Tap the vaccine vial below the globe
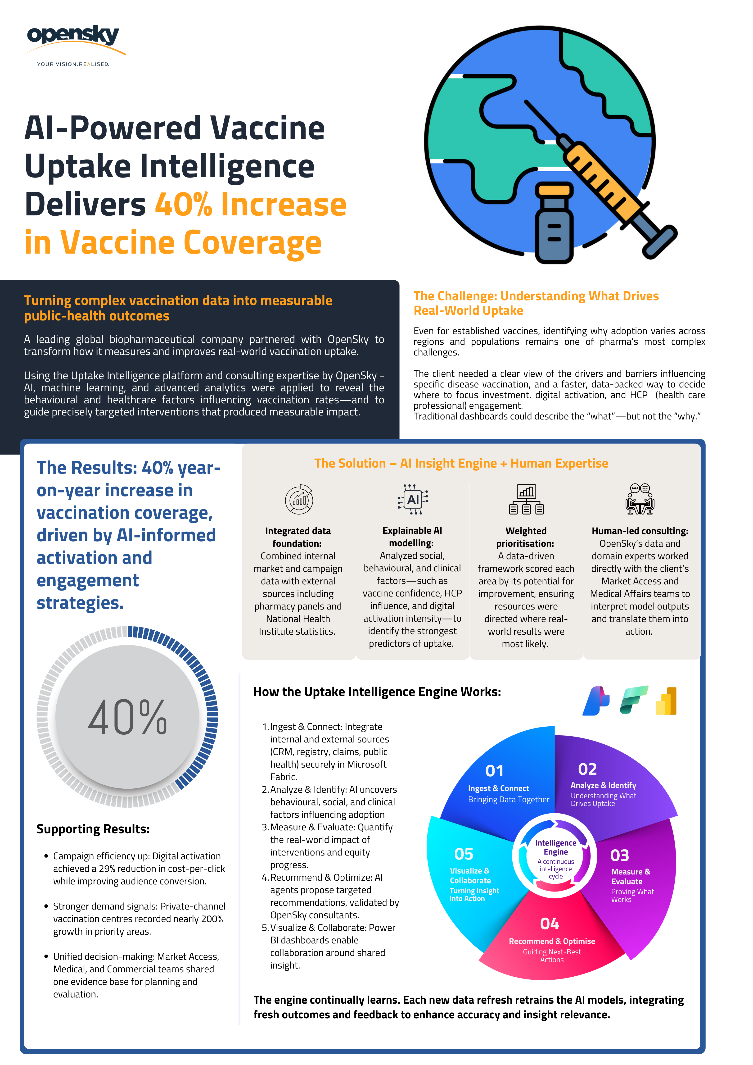pyautogui.click(x=554, y=223)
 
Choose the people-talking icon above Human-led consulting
pyautogui.click(x=640, y=499)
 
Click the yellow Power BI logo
pyautogui.click(x=666, y=701)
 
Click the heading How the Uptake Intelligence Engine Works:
pyautogui.click(x=377, y=692)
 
